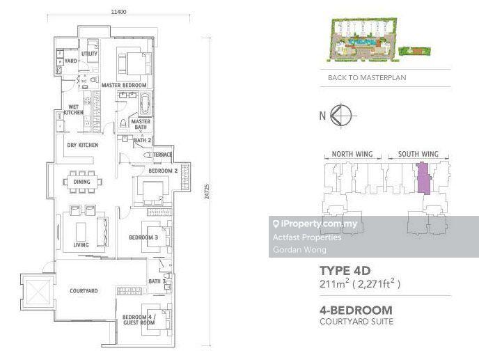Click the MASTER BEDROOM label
(x=124, y=85)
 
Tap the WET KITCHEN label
(x=73, y=110)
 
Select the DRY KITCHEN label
(x=82, y=145)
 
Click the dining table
(x=82, y=182)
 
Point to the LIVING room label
(x=81, y=245)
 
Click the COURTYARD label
(x=84, y=290)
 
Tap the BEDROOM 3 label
(x=143, y=237)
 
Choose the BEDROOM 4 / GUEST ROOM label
(x=139, y=320)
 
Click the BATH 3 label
(x=157, y=281)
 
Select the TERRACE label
(x=162, y=155)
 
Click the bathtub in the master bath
(x=145, y=104)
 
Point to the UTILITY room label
(x=89, y=54)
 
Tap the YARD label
(x=71, y=61)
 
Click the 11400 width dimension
(x=118, y=12)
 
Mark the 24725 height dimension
(x=207, y=191)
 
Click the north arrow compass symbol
(x=341, y=116)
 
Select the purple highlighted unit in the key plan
(x=424, y=178)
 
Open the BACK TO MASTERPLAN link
(x=367, y=77)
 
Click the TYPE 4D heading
(x=345, y=271)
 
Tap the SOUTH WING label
(x=418, y=154)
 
